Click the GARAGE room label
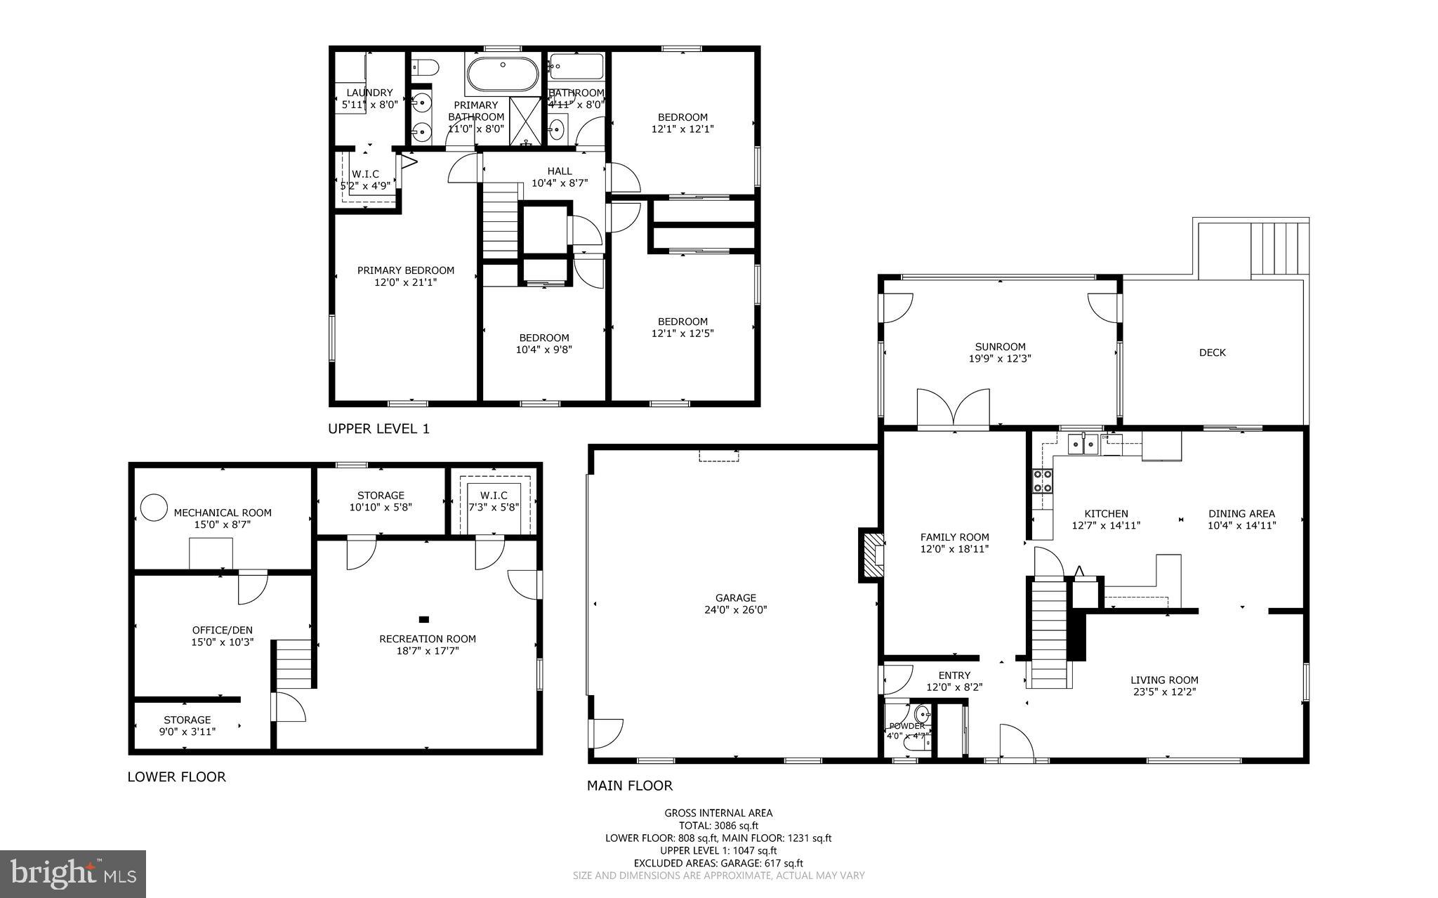pyautogui.click(x=735, y=597)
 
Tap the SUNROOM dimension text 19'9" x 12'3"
pyautogui.click(x=1000, y=358)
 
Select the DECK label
pyautogui.click(x=1212, y=352)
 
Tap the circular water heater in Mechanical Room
pyautogui.click(x=153, y=507)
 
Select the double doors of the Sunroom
pyautogui.click(x=953, y=409)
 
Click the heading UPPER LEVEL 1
pyautogui.click(x=378, y=428)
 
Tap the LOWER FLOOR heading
pyautogui.click(x=176, y=777)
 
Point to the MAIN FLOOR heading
pyautogui.click(x=629, y=786)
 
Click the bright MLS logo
pyautogui.click(x=73, y=873)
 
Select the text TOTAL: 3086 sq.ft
pyautogui.click(x=718, y=826)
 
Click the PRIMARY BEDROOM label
pyautogui.click(x=405, y=270)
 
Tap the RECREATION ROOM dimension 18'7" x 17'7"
pyautogui.click(x=427, y=651)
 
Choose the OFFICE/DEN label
pyautogui.click(x=222, y=630)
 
